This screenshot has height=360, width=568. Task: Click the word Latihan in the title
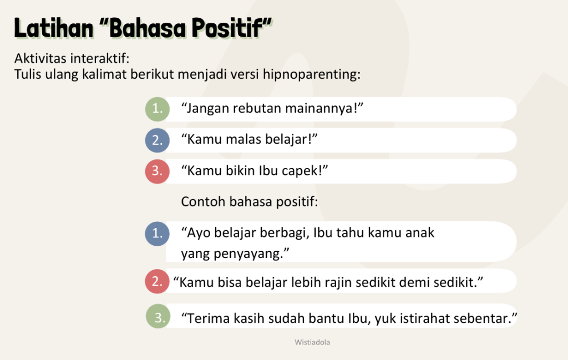coord(54,28)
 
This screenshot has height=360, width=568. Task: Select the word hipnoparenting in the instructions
coord(312,75)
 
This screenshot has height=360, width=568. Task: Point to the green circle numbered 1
coord(157,109)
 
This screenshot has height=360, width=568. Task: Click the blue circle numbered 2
coord(157,140)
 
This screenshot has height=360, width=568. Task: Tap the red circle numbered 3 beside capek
coord(157,171)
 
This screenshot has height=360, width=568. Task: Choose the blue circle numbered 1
coord(157,234)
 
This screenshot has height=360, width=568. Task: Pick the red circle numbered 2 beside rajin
coord(157,281)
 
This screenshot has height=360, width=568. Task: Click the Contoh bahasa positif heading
coord(249,202)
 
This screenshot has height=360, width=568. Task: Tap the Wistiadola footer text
coord(312,342)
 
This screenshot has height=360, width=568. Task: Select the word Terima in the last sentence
coord(209,318)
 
